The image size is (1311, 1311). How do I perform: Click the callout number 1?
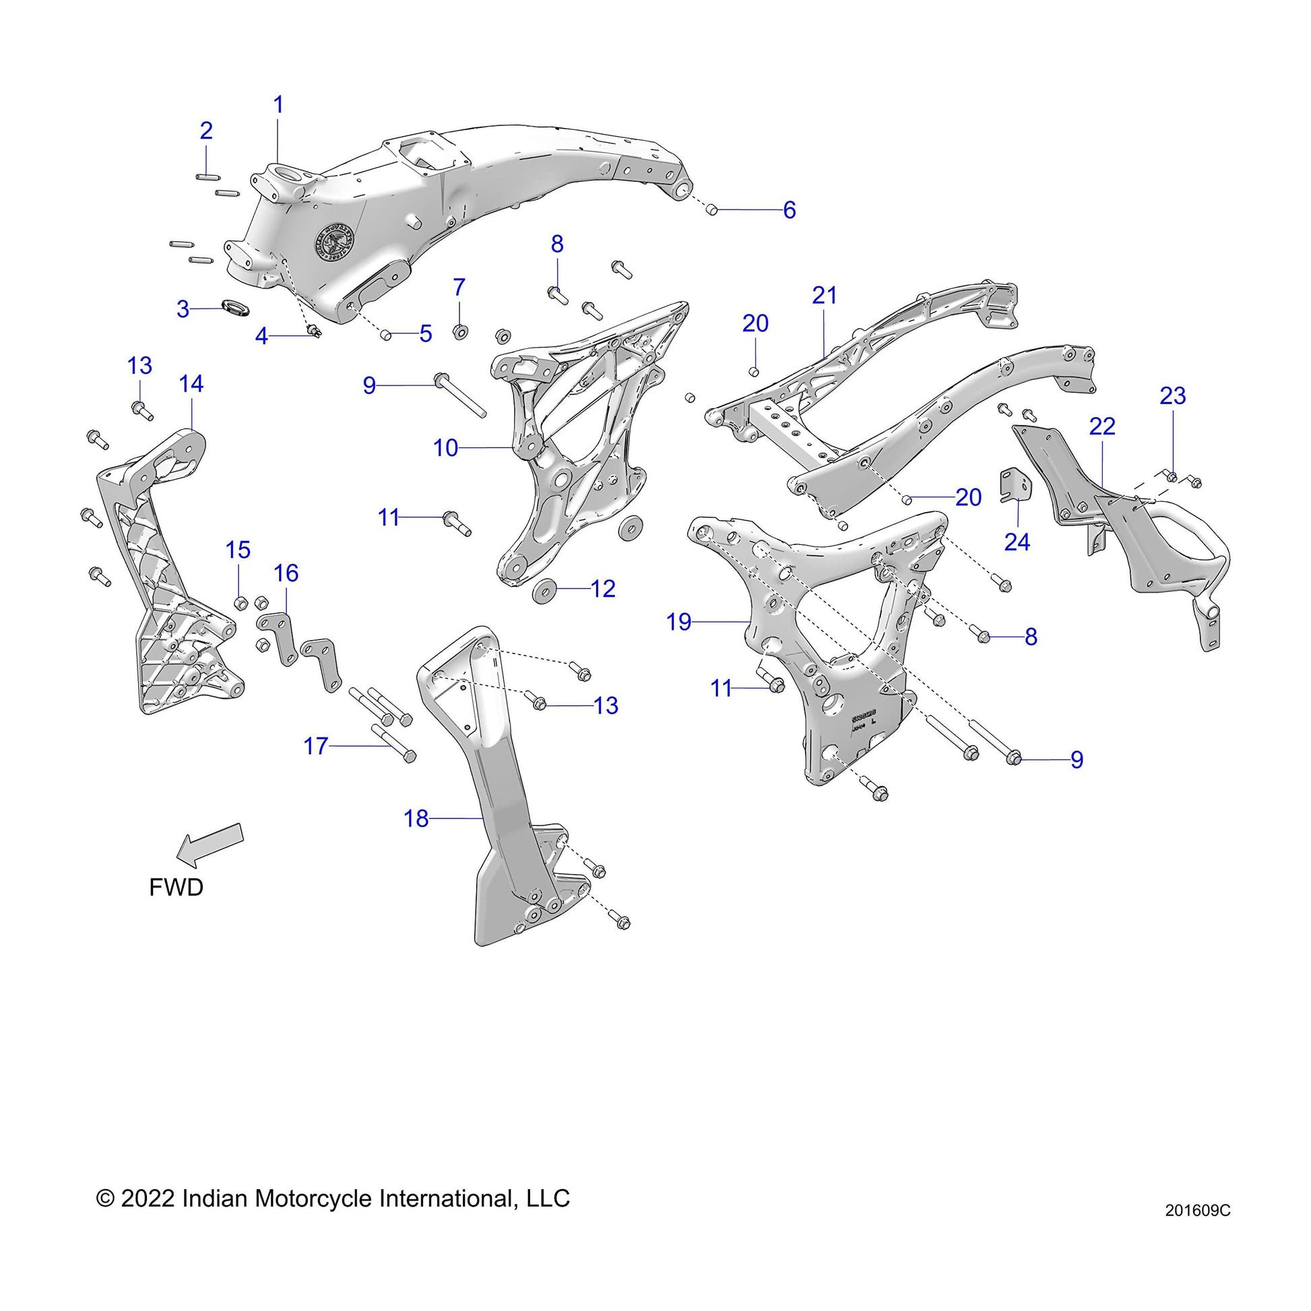[x=278, y=105]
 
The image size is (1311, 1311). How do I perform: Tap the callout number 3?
[x=183, y=309]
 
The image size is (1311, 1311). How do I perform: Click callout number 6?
[x=789, y=210]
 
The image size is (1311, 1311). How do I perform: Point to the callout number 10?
[x=446, y=449]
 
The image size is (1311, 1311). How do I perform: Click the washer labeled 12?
[x=545, y=589]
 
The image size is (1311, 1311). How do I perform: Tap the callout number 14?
[x=191, y=384]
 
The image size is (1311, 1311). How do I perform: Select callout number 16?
[x=286, y=573]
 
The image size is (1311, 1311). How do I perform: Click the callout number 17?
[x=315, y=746]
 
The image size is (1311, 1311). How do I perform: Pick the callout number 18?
[x=416, y=819]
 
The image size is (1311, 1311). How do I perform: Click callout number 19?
[x=678, y=622]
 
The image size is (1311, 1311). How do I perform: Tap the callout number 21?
[x=825, y=295]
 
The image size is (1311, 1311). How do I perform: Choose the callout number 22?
[x=1102, y=427]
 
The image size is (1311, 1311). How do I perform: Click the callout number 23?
[x=1173, y=395]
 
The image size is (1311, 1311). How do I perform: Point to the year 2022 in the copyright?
[x=149, y=1198]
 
